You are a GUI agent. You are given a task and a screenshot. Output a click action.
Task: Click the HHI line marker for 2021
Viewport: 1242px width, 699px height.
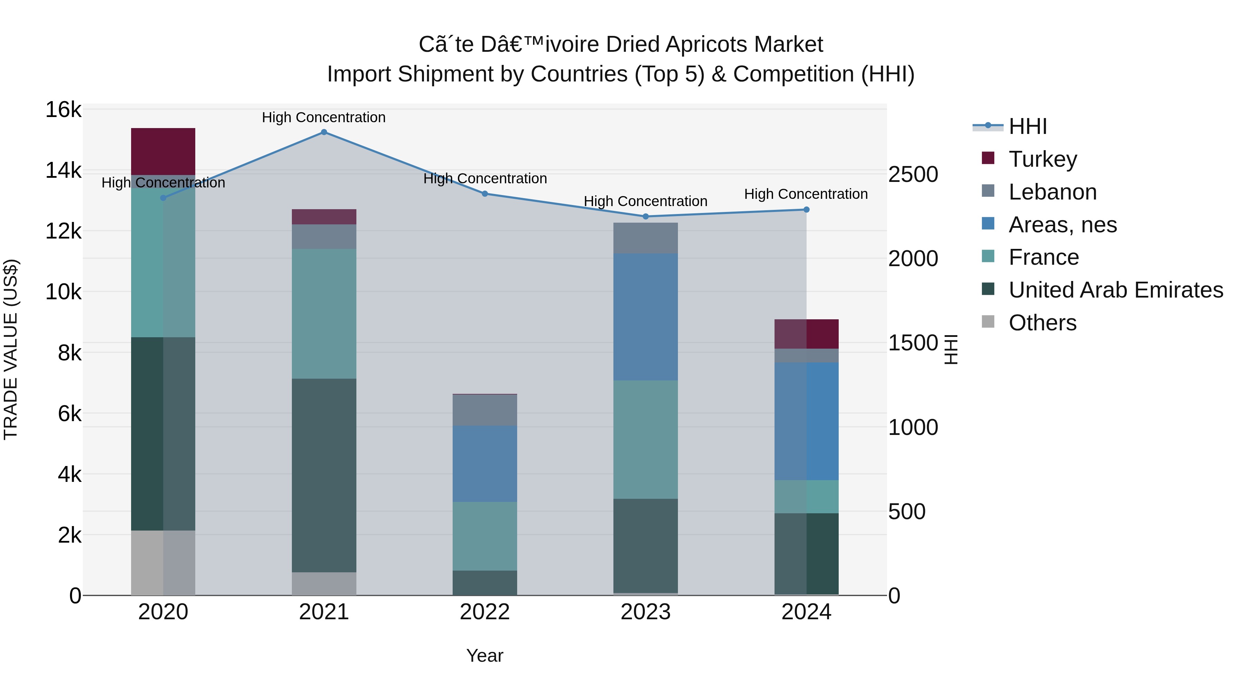[324, 132]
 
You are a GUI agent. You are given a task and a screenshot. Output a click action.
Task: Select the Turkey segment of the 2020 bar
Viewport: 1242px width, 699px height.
[163, 152]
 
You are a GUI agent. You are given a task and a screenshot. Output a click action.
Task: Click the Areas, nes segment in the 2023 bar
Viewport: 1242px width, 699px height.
[645, 317]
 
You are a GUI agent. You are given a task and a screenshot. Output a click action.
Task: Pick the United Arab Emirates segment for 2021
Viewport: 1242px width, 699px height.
[324, 476]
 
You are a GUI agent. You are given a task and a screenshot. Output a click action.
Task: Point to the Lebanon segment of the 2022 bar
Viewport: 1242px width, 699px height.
[485, 410]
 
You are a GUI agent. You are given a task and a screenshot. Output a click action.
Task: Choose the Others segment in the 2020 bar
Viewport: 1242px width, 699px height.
[163, 563]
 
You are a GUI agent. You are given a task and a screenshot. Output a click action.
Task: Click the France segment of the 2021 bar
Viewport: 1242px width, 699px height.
[324, 314]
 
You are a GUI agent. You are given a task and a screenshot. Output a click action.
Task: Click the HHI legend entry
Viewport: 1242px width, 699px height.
[1010, 126]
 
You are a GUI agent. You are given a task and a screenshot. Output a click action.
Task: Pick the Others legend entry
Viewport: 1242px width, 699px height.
[1029, 323]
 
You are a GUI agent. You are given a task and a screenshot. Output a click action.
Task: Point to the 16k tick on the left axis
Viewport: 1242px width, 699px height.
[63, 110]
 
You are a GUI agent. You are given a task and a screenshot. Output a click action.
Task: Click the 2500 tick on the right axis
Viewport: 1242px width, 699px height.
[913, 174]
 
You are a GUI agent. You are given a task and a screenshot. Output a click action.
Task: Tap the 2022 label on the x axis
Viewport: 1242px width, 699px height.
[485, 612]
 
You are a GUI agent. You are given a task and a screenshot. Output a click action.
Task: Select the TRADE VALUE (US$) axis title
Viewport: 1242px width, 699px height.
[11, 349]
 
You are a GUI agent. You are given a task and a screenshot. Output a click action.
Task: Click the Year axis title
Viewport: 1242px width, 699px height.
[485, 656]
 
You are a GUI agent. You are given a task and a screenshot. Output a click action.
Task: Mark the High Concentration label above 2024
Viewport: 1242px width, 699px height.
[806, 194]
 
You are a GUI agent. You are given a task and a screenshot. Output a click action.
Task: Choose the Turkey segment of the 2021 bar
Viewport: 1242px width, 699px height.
[324, 217]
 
